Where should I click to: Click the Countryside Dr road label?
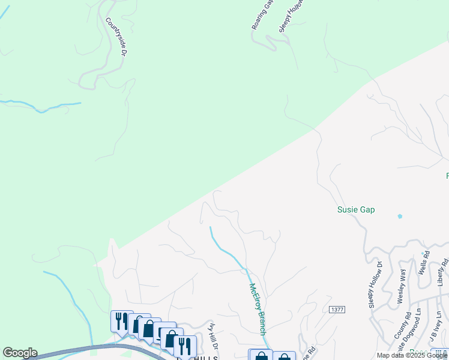[116, 37]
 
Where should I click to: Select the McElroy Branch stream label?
[258, 308]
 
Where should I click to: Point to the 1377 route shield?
[337, 309]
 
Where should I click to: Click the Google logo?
[20, 353]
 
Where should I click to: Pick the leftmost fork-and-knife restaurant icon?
[122, 321]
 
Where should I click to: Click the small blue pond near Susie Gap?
[400, 216]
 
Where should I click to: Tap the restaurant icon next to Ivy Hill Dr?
[185, 346]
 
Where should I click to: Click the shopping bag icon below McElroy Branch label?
[261, 356]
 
